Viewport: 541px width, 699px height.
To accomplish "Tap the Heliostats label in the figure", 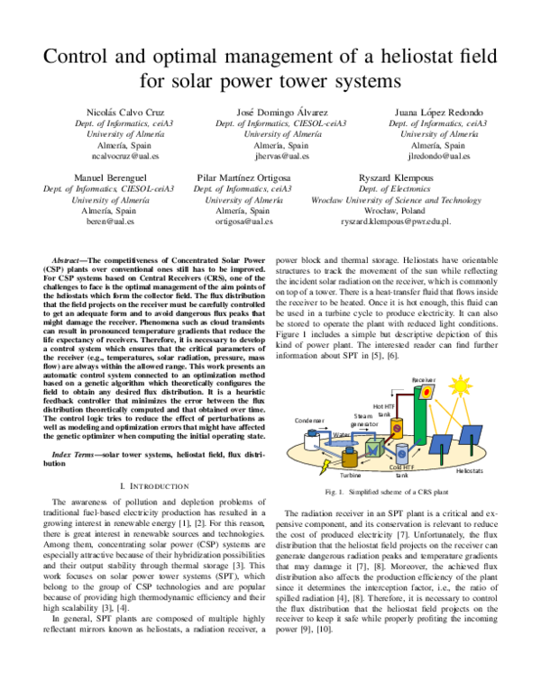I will [x=470, y=470].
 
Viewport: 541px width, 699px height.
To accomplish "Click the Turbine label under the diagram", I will [x=351, y=473].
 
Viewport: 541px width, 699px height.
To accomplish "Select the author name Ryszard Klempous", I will [x=383, y=177].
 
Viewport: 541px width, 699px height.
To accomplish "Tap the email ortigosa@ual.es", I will [x=243, y=221].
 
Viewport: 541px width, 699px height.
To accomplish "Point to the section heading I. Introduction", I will [x=158, y=486].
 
